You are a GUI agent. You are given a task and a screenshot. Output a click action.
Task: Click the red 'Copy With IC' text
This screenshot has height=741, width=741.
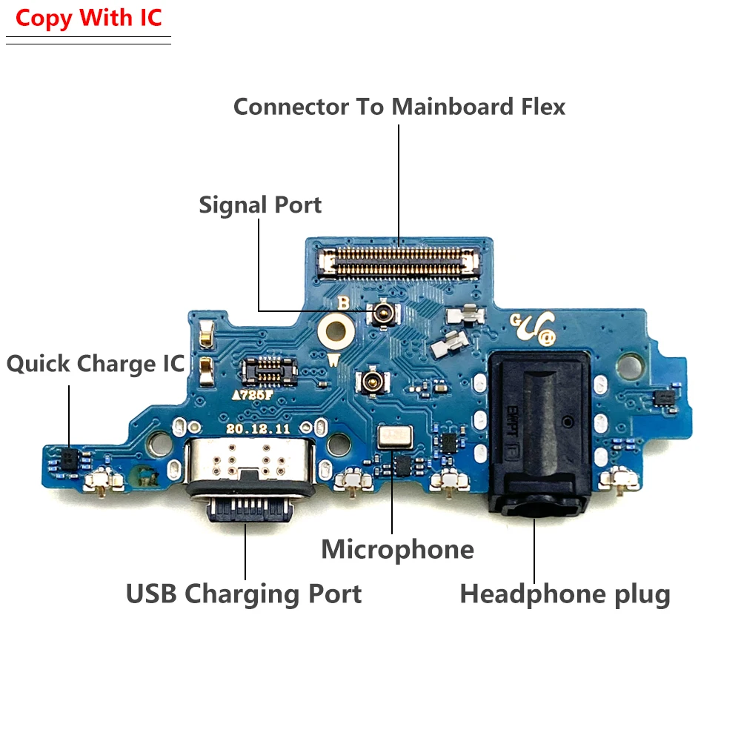click(x=88, y=19)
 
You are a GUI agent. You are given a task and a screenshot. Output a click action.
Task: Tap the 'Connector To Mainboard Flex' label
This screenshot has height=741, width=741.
click(x=399, y=107)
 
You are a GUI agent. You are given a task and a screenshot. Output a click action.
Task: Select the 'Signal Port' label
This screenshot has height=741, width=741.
click(x=260, y=205)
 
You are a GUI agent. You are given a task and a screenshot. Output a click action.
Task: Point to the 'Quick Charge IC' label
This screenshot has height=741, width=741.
click(x=96, y=364)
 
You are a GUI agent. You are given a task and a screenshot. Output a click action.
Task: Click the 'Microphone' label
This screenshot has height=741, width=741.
click(x=397, y=549)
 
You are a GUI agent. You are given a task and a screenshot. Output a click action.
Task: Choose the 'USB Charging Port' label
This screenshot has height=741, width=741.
click(x=244, y=594)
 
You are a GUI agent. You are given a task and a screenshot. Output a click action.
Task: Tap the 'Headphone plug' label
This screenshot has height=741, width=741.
click(x=565, y=594)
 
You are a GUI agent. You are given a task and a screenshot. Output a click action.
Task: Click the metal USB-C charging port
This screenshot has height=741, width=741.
click(x=245, y=470)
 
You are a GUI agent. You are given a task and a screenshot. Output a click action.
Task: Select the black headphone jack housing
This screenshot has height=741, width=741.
click(x=539, y=430)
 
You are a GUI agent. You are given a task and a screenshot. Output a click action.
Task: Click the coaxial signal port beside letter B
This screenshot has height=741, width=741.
click(x=384, y=313)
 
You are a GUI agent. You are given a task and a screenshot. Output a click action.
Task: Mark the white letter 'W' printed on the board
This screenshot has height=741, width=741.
click(x=334, y=361)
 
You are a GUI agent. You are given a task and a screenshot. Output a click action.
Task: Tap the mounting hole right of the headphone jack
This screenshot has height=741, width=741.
click(x=631, y=363)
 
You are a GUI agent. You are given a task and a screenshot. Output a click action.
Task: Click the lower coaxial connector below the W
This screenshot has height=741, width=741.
click(x=369, y=382)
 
